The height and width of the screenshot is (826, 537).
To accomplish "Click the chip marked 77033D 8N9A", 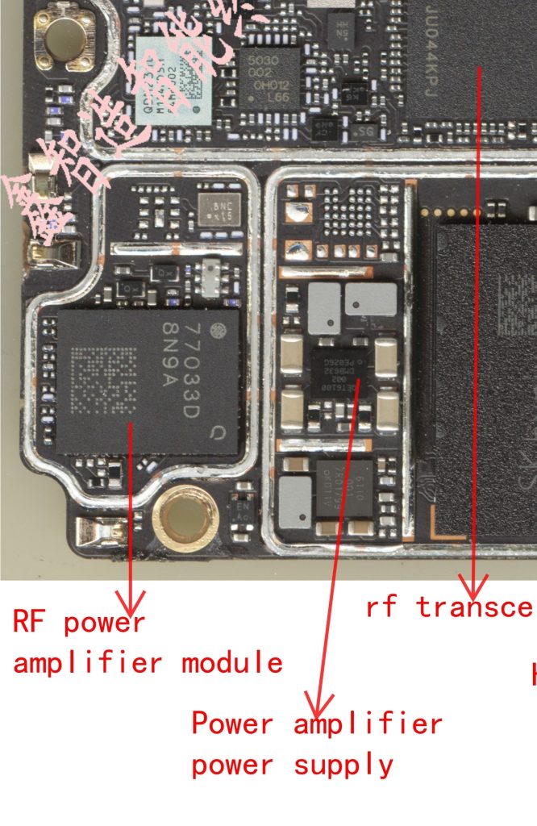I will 149,382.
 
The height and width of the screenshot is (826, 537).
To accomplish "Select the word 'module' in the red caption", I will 232,663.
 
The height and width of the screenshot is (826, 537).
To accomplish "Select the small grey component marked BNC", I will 218,211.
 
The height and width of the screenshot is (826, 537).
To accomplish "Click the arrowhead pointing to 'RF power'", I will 129,603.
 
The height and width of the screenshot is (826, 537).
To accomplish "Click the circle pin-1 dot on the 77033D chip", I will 216,331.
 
